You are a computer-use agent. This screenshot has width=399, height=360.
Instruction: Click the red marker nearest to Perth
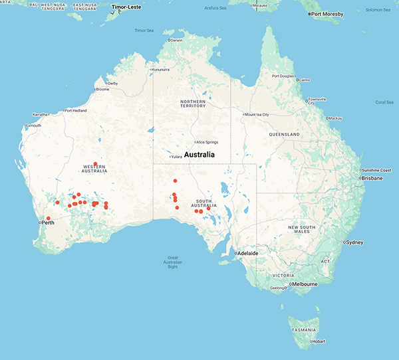point(48,219)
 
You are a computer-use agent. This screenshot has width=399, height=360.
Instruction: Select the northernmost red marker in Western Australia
point(96,163)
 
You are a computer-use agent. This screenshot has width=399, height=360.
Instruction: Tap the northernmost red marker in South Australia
point(175,181)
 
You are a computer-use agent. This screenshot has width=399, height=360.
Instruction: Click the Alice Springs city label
point(206,142)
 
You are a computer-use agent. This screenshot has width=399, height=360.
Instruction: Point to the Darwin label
point(176,41)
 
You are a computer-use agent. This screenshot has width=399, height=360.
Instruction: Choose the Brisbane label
point(372,178)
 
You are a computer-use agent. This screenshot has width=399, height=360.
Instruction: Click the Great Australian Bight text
point(172,262)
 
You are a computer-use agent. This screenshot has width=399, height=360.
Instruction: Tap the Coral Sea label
point(384,102)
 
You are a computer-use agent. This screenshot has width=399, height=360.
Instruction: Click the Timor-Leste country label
point(128,7)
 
